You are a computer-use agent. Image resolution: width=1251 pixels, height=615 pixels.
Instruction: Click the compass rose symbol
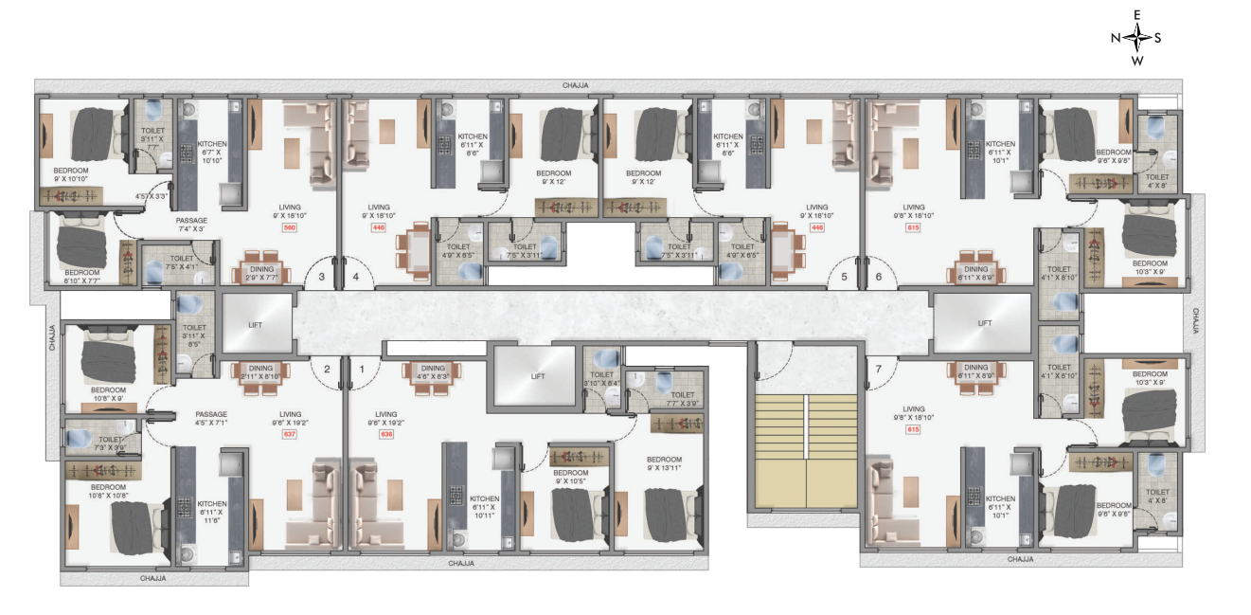click(x=1136, y=38)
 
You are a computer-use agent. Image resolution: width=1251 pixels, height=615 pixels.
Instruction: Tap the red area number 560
click(x=290, y=228)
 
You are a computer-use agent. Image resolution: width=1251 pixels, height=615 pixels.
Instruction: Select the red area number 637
click(x=290, y=435)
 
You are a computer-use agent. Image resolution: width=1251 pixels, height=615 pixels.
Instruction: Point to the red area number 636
click(x=385, y=435)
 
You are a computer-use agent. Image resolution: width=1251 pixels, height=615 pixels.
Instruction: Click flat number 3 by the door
click(x=321, y=278)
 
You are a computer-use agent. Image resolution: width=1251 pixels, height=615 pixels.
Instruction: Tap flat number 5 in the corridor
click(x=843, y=278)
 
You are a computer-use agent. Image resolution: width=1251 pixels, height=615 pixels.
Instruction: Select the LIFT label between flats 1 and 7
click(x=538, y=376)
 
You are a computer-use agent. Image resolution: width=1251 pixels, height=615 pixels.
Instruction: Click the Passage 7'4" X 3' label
click(x=191, y=225)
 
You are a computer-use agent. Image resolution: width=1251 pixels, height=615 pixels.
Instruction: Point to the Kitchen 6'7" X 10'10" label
click(x=211, y=152)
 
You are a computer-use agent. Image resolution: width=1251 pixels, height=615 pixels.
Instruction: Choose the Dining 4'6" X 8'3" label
click(x=433, y=371)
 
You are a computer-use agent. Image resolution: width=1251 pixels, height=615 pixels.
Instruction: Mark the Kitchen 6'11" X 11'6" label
click(x=211, y=509)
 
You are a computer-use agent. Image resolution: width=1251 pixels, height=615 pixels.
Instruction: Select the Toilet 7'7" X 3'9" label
click(x=682, y=400)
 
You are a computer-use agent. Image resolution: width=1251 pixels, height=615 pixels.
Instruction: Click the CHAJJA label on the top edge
click(x=575, y=85)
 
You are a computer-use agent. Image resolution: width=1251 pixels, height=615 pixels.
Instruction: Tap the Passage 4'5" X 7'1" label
click(x=211, y=419)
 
